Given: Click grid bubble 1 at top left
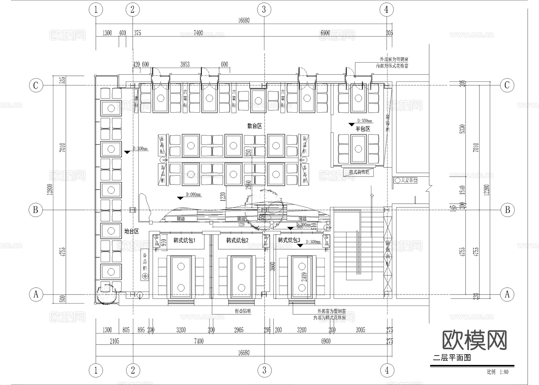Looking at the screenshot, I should coord(96,10).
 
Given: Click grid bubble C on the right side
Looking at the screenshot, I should coord(507,85).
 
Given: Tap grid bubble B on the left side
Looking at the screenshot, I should coord(36,210).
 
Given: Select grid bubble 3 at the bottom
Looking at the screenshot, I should coord(264,370).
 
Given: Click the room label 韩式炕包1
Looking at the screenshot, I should coord(184,240).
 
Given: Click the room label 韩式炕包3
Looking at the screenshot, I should coord(289,240).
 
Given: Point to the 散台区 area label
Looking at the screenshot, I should coord(255,126).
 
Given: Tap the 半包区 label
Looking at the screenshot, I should coord(363,129).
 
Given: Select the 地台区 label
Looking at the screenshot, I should coord(132,231).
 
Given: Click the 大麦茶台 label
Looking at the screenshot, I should coord(409,180).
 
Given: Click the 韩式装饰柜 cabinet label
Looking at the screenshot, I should coord(359,172).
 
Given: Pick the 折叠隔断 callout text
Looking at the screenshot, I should coord(243,311).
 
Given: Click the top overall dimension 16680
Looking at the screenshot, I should coord(244,20).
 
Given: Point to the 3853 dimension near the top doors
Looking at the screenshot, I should coord(185,64).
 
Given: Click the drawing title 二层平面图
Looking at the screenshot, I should coord(452,358).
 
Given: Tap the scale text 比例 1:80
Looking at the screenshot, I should coord(497,372).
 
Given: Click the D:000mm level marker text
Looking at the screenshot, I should coord(193,195).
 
